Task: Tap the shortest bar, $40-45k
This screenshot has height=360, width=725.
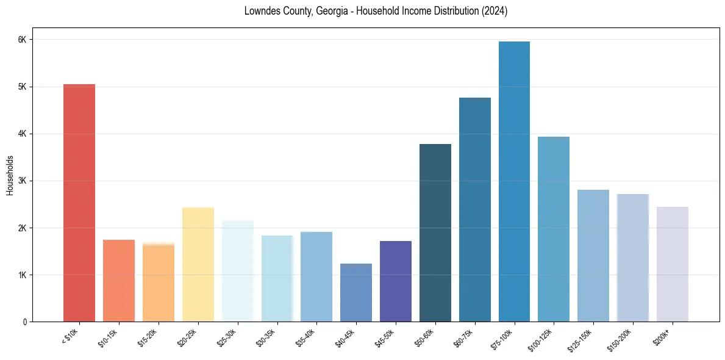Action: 356,292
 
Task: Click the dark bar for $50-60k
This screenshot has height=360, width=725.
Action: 435,232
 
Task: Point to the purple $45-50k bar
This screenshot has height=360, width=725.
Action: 396,281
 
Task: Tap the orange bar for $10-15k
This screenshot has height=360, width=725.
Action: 119,281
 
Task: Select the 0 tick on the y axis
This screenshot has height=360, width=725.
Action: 24,322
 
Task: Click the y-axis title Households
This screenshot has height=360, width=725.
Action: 10,175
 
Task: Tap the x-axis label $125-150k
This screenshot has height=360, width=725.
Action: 589,337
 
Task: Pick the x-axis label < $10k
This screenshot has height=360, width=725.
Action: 71,336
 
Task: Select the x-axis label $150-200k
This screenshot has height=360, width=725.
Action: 629,337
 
